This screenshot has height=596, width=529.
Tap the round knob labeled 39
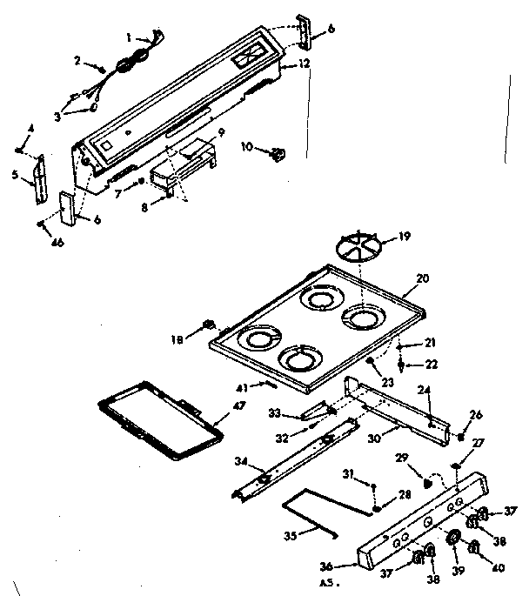(453, 540)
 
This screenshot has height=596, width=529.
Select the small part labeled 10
(278, 154)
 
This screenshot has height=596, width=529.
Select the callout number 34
(241, 461)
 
